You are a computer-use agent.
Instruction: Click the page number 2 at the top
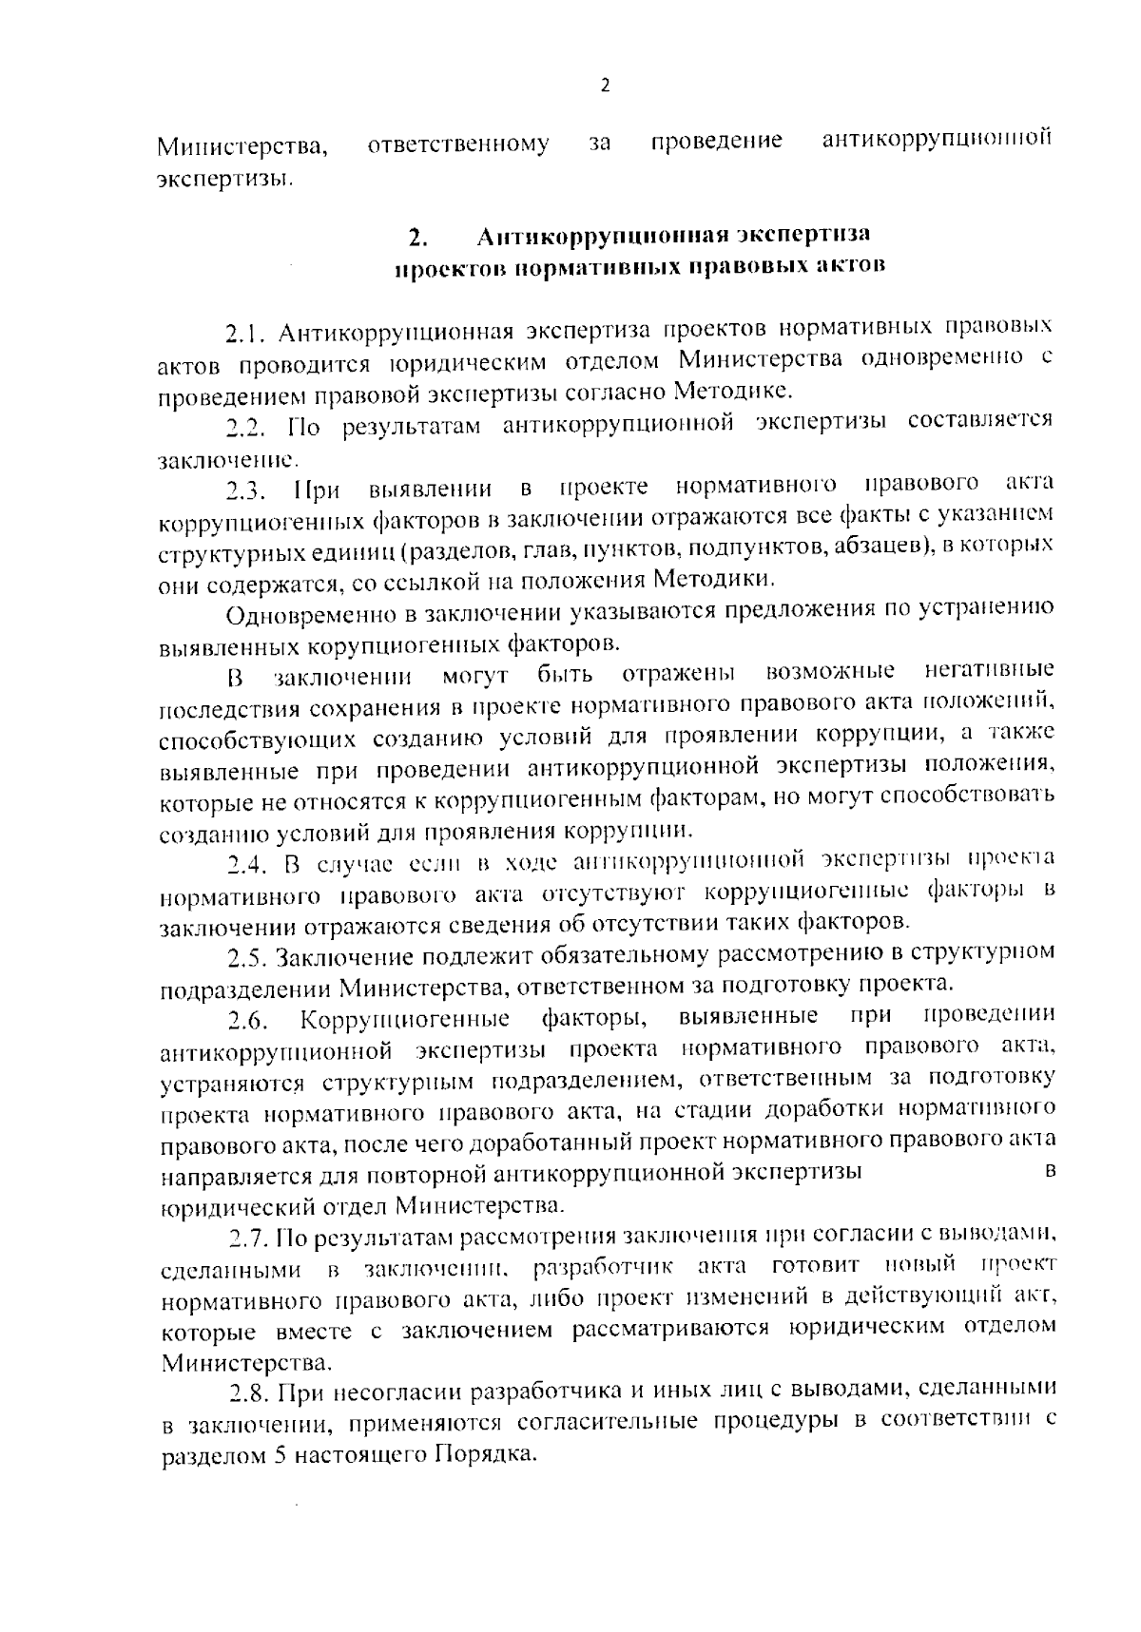click(x=604, y=86)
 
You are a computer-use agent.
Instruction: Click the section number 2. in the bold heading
click(x=416, y=236)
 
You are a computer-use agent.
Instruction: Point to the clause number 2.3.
click(x=248, y=491)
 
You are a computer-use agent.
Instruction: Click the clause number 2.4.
click(x=248, y=865)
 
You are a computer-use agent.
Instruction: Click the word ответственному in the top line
click(x=457, y=144)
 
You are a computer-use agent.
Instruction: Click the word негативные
click(x=989, y=672)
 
